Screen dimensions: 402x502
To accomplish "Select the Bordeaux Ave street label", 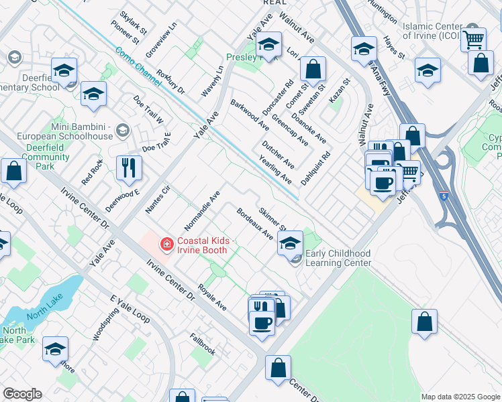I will point(254,224).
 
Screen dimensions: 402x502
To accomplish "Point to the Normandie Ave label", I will point(202,209).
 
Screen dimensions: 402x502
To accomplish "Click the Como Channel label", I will point(137,66).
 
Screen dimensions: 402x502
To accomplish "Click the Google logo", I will point(22,394).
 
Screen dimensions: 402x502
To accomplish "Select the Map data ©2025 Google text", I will point(460,397).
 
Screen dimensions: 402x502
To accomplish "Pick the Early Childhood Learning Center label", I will point(338,258).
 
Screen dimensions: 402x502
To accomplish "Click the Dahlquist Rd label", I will point(315,169).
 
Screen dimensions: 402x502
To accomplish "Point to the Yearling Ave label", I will point(275,170).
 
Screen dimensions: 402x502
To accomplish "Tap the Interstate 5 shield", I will point(443,196).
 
